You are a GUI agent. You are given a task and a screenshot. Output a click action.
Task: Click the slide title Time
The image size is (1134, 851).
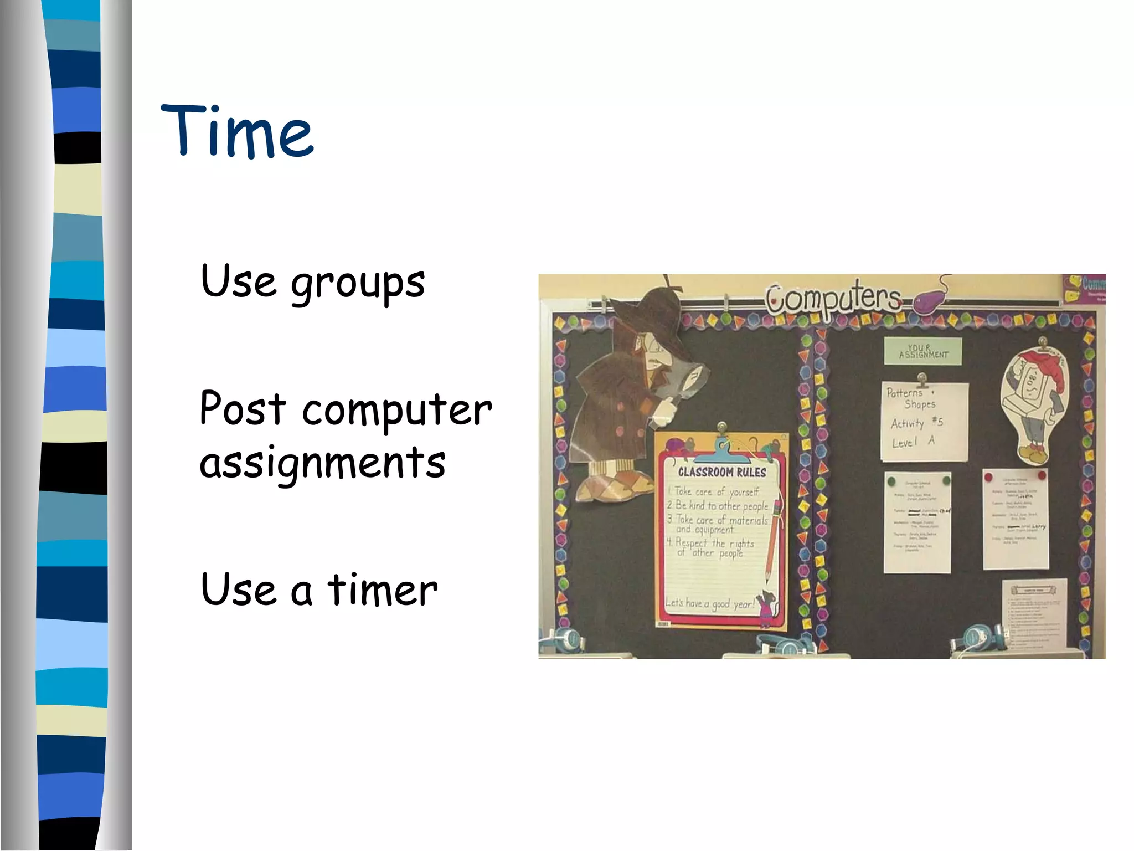click(237, 131)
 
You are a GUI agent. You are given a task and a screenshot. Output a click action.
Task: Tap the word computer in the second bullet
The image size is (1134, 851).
click(397, 410)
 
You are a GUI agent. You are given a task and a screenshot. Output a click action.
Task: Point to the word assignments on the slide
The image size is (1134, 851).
click(322, 463)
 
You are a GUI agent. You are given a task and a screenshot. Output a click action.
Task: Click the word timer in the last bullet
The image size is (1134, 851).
click(382, 590)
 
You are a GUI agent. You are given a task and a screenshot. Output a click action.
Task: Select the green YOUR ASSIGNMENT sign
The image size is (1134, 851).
click(922, 351)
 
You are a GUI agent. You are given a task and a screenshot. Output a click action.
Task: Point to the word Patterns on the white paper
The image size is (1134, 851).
click(904, 393)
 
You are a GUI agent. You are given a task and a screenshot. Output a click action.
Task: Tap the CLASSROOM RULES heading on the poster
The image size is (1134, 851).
click(722, 472)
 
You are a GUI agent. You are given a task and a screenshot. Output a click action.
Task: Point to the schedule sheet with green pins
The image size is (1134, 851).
click(917, 521)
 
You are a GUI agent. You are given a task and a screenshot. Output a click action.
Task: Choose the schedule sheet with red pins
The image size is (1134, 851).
click(1016, 518)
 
